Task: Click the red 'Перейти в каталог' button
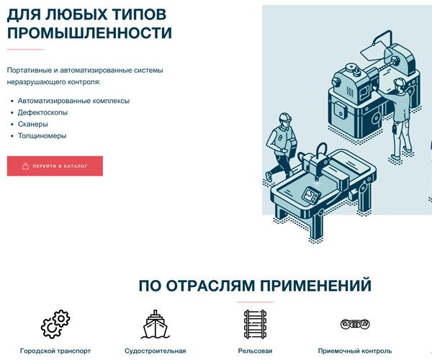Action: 55,166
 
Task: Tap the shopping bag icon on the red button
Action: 25,166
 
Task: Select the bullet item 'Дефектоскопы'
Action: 42,112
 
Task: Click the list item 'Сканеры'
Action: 33,124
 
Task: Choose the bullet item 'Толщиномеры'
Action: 42,135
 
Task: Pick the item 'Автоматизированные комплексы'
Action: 73,101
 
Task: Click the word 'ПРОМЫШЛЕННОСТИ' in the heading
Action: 89,33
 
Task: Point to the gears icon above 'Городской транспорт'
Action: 55,324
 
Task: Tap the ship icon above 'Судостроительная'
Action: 155,324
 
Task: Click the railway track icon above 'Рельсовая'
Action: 255,324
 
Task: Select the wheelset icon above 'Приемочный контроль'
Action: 355,324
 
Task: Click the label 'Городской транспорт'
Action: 55,351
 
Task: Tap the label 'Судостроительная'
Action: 155,351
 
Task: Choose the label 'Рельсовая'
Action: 255,351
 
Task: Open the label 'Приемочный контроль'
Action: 355,351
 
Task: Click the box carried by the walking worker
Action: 291,148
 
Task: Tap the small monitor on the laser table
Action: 310,194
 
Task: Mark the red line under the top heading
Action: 25,49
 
